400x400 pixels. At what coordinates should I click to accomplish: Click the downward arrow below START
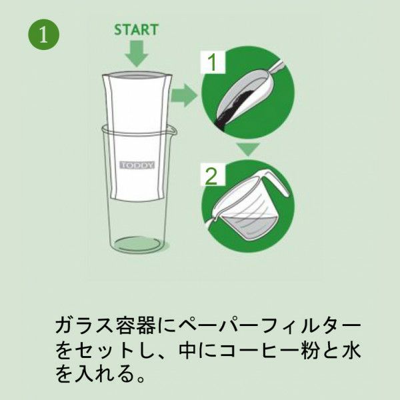pos(137,53)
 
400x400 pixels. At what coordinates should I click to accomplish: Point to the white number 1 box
pos(212,64)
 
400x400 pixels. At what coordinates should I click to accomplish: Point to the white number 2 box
pos(211,176)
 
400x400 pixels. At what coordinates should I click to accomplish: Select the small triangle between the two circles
pos(248,151)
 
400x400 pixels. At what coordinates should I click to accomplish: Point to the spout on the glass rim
pos(173,129)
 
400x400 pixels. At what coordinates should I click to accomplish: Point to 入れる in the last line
pos(104,375)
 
